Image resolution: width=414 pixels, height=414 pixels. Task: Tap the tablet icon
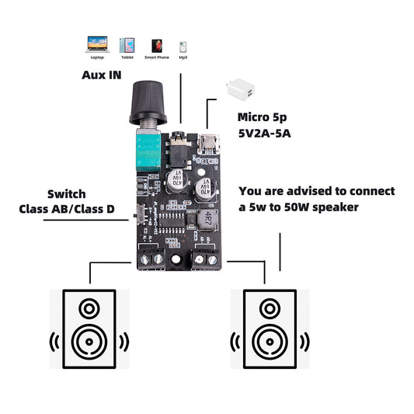[127, 45]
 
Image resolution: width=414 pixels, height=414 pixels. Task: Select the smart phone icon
[156, 45]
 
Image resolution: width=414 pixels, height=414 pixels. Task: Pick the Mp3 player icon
[183, 46]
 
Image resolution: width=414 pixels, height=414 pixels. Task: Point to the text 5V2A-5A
[264, 133]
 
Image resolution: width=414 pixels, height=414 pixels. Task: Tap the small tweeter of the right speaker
[270, 309]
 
